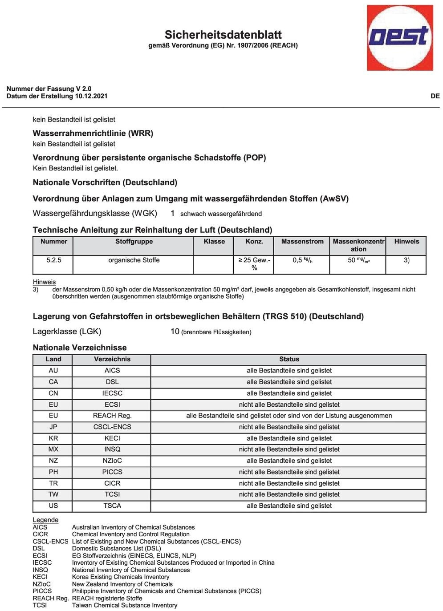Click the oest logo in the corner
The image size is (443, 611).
coord(400,37)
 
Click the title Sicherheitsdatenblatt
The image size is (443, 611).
coord(223,35)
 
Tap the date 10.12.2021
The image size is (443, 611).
coord(91,96)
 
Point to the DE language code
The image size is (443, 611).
coord(435,96)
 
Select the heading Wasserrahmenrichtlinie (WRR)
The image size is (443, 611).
coord(93,133)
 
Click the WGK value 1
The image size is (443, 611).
coord(172,213)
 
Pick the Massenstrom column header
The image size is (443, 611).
coord(302,242)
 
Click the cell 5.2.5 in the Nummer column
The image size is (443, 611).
coord(53,260)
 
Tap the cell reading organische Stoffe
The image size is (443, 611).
coord(134,260)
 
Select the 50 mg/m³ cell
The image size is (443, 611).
coord(358,260)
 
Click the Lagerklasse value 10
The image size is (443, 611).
coord(175,332)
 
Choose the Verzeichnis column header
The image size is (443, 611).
coord(112,359)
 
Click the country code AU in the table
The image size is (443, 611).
coord(53,370)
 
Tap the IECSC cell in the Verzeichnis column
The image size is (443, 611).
coord(112,393)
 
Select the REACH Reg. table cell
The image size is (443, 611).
coord(112,416)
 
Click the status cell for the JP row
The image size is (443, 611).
coord(289,427)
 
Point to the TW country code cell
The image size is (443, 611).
coord(53,494)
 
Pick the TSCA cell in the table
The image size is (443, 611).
coord(112,506)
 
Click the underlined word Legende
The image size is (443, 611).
coord(45,520)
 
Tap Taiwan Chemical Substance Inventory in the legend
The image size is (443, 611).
coord(125,605)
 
